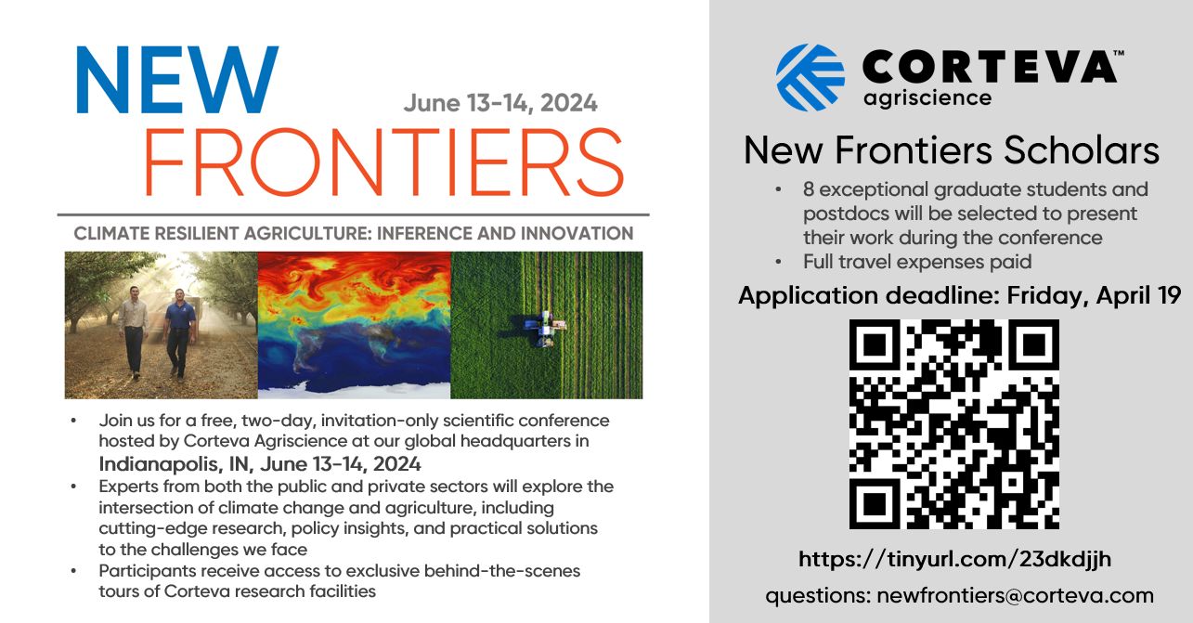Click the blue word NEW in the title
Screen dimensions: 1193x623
pyautogui.click(x=177, y=80)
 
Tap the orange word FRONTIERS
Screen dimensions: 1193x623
pyautogui.click(x=383, y=162)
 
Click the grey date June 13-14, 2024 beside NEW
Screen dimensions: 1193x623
pyautogui.click(x=500, y=103)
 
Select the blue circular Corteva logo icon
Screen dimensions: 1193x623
pyautogui.click(x=810, y=77)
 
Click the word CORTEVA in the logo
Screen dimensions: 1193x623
pyautogui.click(x=990, y=67)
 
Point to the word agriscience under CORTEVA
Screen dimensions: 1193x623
pyautogui.click(x=927, y=98)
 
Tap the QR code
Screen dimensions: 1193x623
pyautogui.click(x=953, y=424)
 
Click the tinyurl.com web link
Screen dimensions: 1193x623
pyautogui.click(x=954, y=559)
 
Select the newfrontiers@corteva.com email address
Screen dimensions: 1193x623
pyautogui.click(x=1015, y=595)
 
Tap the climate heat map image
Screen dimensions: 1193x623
pyautogui.click(x=354, y=325)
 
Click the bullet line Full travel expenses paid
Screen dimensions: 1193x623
pyautogui.click(x=917, y=262)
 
